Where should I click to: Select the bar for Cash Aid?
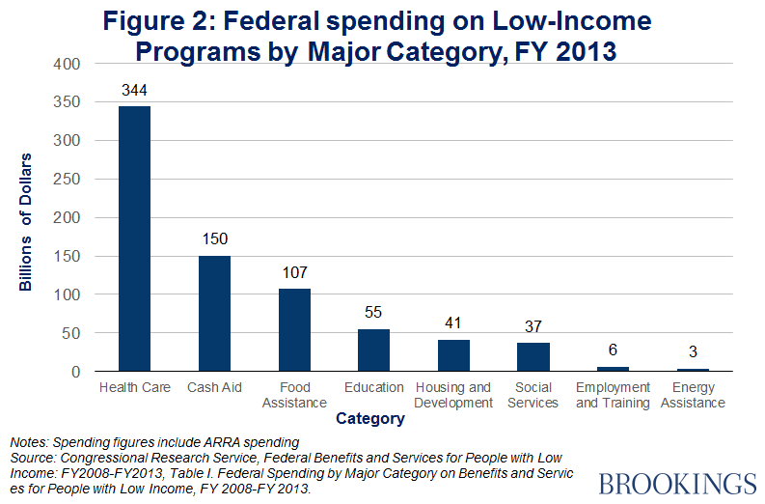click(x=214, y=314)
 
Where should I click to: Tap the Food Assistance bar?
click(x=294, y=330)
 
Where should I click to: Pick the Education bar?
click(x=373, y=350)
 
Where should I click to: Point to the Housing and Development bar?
click(x=453, y=355)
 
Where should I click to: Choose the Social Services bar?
click(x=533, y=357)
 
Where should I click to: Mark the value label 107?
click(x=294, y=274)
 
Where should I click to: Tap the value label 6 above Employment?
click(x=613, y=352)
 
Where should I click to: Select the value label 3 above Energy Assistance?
click(x=693, y=354)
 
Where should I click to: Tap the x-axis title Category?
click(x=370, y=420)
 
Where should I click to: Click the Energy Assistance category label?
click(x=693, y=395)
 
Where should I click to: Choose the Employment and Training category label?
click(x=613, y=395)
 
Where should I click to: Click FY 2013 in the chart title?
click(x=563, y=49)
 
